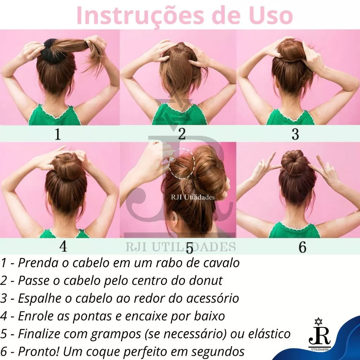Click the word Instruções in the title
pyautogui.click(x=140, y=16)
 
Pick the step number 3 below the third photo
pyautogui.click(x=295, y=134)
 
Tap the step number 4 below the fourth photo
pyautogui.click(x=63, y=246)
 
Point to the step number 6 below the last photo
pyautogui.click(x=302, y=247)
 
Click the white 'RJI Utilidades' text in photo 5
pyautogui.click(x=193, y=197)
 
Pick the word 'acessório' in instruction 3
pyautogui.click(x=213, y=298)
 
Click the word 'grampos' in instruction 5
pyautogui.click(x=116, y=334)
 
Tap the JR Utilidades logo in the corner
pyautogui.click(x=319, y=334)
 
